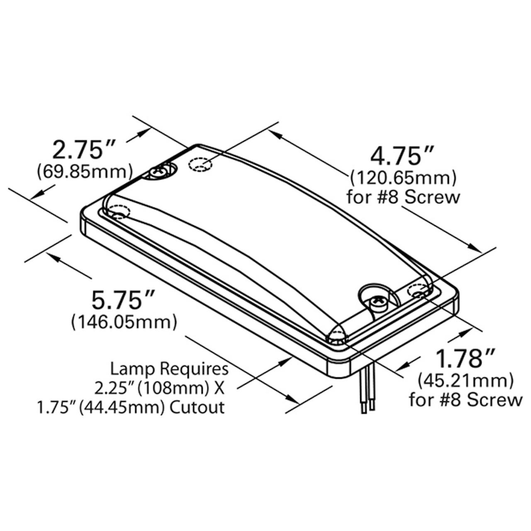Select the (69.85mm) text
pos(85,172)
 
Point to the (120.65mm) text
pos(403,178)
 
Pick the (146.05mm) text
pos(124,322)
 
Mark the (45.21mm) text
pos(466,381)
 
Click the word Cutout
pos(197,408)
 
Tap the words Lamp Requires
pos(169,369)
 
